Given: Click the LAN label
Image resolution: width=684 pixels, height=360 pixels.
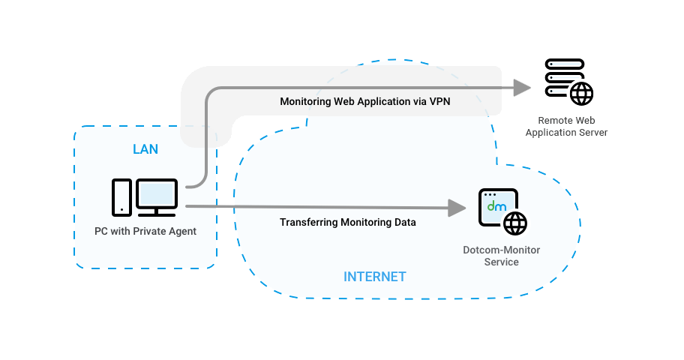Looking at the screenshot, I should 145,149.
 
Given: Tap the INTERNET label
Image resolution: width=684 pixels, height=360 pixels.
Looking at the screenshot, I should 374,277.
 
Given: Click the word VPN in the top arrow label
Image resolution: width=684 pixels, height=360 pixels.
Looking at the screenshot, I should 439,101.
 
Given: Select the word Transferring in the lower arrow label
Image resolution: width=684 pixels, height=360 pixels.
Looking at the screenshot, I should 308,223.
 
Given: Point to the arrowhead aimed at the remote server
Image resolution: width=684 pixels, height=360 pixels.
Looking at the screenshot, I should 522,88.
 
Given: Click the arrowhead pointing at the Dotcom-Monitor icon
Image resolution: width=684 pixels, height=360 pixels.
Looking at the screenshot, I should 457,208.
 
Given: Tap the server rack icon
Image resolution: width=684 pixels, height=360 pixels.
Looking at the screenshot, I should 562,77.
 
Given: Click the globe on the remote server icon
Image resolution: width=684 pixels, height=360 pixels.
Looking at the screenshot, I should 581,94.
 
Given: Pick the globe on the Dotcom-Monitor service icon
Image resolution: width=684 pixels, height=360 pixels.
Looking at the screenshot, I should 515,223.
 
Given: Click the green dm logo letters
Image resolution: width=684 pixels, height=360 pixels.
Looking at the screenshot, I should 496,206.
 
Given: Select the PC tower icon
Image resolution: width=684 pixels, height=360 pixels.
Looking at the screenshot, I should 121,196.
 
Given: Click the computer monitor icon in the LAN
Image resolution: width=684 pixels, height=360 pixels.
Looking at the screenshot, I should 157,196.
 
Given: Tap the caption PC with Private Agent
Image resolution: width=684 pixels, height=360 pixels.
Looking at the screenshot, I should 145,232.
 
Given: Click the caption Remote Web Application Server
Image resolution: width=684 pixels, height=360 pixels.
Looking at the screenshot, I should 566,126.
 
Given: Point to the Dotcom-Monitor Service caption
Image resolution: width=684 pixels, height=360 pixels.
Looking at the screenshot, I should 501,256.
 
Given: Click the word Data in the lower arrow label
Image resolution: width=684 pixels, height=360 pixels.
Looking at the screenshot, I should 403,223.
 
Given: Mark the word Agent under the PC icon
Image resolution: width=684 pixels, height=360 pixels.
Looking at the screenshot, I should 181,232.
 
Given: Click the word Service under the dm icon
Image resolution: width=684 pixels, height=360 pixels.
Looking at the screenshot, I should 501,262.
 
